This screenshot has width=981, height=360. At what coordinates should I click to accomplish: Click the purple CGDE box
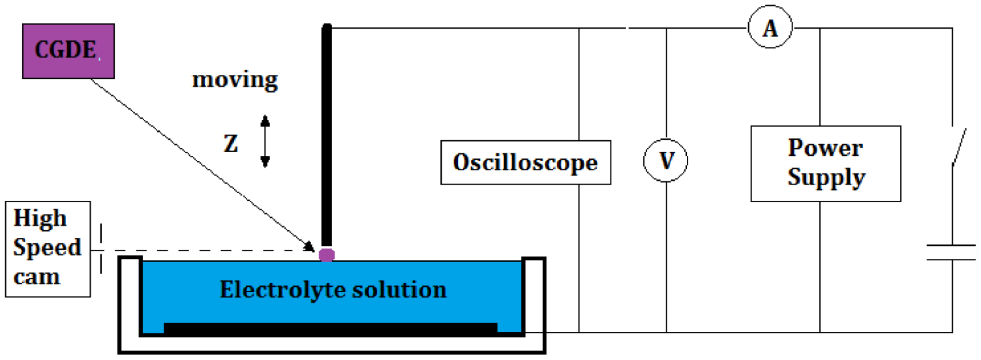pos(68,51)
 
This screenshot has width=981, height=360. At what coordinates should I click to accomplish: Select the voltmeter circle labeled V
pos(666,160)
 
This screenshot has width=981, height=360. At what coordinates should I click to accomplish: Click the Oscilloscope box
pos(526,162)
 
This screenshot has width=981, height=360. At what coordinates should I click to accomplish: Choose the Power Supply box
pos(825,163)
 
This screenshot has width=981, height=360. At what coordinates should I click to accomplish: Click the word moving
pos(235,81)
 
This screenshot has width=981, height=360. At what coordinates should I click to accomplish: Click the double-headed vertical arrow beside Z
pos(265,141)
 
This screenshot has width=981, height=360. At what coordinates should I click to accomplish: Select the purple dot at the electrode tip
pos(327,254)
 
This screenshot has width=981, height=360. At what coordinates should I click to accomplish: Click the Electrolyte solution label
pos(333,289)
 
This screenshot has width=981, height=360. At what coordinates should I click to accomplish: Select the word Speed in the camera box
pos(47,248)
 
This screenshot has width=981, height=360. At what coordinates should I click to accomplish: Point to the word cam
pos(37,276)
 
